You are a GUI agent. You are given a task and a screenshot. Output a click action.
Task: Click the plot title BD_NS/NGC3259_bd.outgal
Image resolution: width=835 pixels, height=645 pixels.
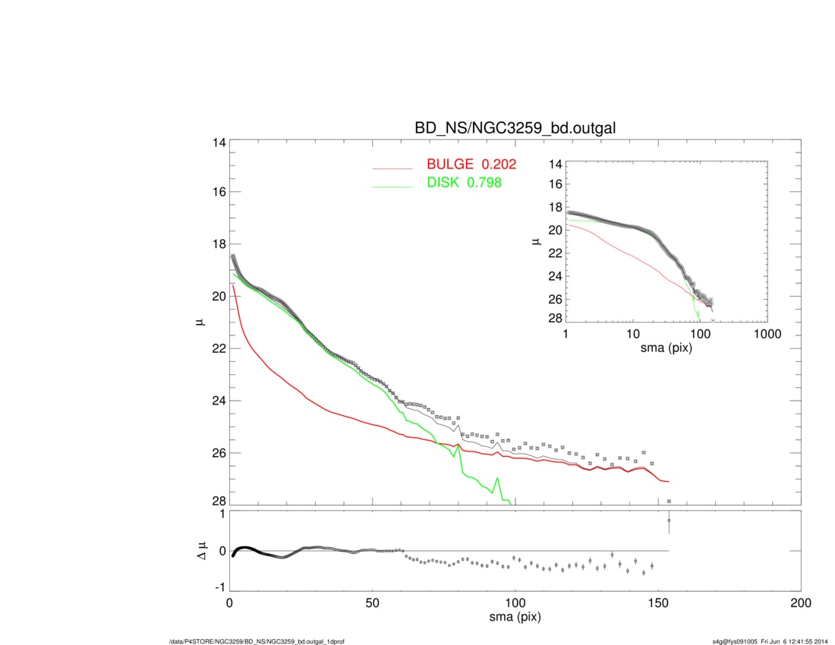pyautogui.click(x=515, y=129)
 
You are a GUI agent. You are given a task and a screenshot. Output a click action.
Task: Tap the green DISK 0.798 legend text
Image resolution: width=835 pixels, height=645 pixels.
pyautogui.click(x=464, y=183)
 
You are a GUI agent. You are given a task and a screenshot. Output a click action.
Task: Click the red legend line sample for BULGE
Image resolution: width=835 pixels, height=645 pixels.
pyautogui.click(x=394, y=168)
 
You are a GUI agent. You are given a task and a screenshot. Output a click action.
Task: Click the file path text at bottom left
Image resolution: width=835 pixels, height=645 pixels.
pyautogui.click(x=257, y=641)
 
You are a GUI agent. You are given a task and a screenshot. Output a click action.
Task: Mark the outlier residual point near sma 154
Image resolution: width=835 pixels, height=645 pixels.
pyautogui.click(x=669, y=521)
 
